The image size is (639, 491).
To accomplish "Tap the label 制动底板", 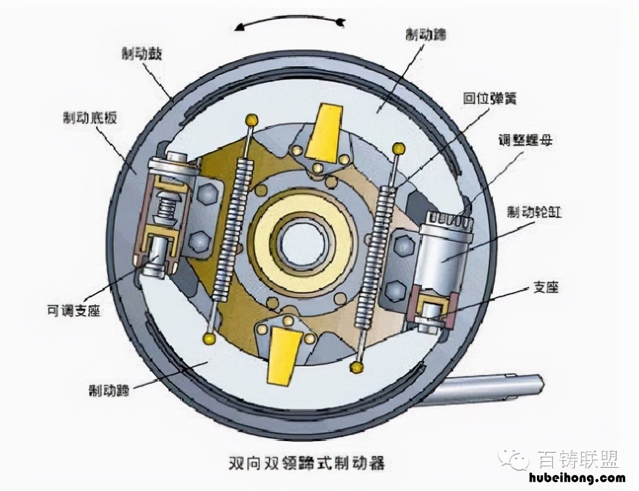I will pos(90,118).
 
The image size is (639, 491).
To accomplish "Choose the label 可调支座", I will pos(74,311).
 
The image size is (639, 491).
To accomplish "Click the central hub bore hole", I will pos(301,242).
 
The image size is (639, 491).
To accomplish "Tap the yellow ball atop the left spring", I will pos(252,120).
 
